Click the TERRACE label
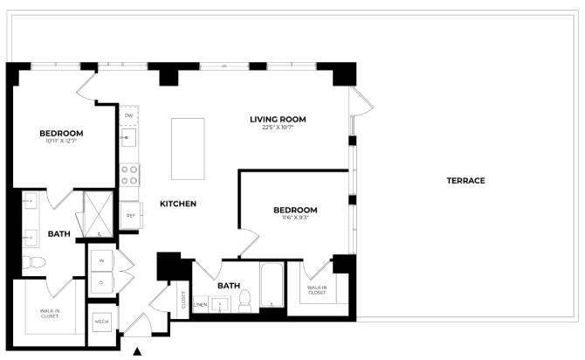[465, 181]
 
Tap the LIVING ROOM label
[278, 120]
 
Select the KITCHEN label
[177, 204]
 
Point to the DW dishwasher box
[128, 115]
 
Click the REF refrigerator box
[130, 215]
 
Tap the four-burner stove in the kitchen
[129, 175]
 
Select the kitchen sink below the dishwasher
[129, 138]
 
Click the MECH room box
[101, 321]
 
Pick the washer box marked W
[101, 260]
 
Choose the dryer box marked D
[101, 282]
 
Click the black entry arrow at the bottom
[137, 351]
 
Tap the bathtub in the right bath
[272, 286]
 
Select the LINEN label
[200, 304]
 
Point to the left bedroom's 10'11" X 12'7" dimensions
[61, 142]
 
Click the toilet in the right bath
[244, 300]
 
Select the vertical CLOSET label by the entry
[183, 300]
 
